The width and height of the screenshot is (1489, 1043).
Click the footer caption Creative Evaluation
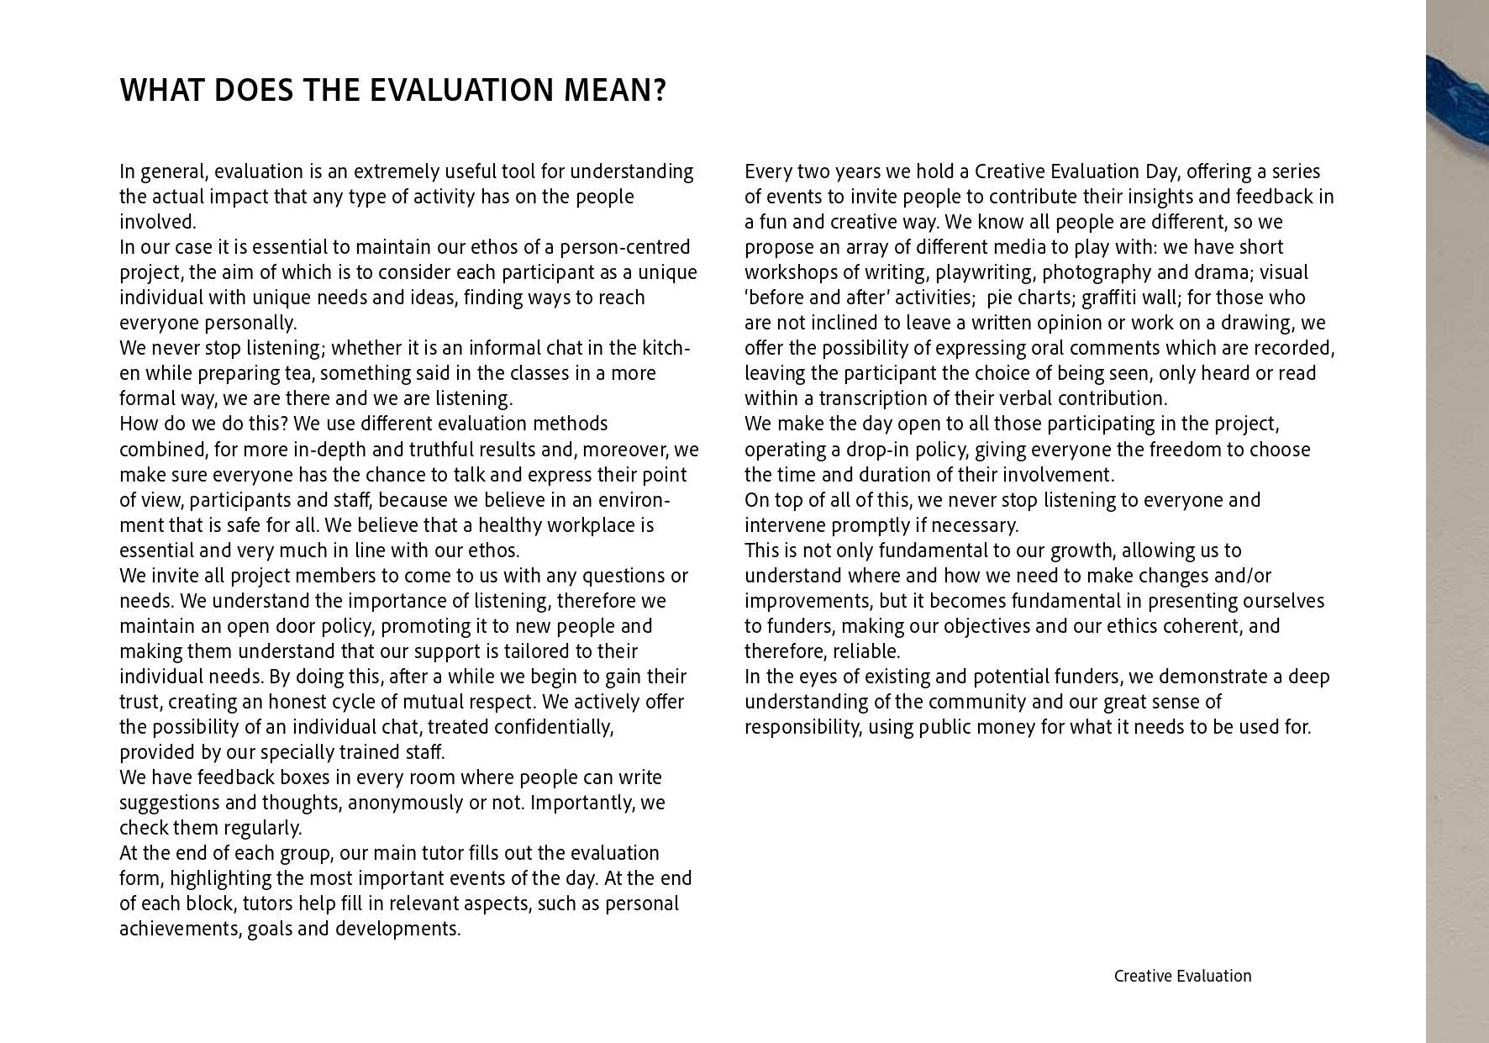(1182, 976)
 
